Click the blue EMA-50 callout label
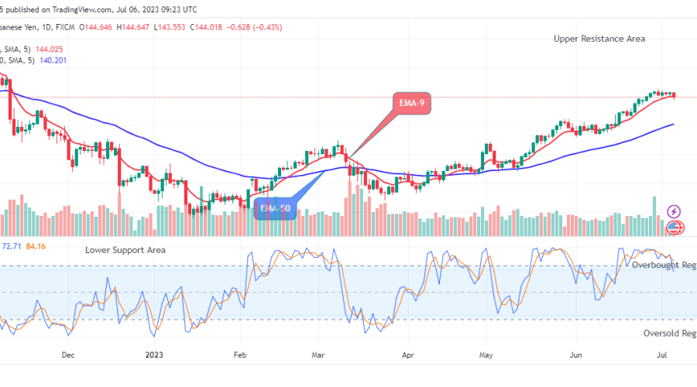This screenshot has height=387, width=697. [x=275, y=208]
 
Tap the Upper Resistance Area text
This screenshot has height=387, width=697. [x=599, y=38]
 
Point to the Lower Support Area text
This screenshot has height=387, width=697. [x=125, y=250]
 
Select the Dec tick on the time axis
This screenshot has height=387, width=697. [x=68, y=356]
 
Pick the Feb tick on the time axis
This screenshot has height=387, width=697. [x=239, y=356]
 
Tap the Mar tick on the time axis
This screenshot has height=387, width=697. [x=319, y=356]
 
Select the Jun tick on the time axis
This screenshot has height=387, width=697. [x=576, y=356]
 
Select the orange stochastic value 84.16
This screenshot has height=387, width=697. [x=36, y=246]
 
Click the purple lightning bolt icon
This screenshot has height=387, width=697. [x=674, y=211]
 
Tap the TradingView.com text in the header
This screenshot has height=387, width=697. [x=74, y=9]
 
